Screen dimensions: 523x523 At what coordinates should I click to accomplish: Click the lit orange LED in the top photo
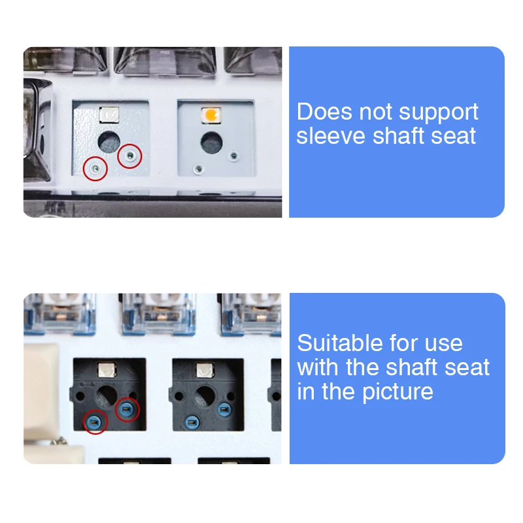pos(211,115)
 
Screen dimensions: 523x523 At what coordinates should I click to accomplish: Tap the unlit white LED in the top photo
pos(109,115)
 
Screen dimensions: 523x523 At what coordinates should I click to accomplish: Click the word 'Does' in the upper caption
pos(324,111)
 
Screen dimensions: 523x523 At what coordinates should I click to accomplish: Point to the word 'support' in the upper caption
pos(439,112)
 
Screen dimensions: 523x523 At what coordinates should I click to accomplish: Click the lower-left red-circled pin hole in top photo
pos(95,169)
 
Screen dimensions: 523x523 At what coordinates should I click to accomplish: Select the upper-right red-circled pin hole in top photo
pos(129,155)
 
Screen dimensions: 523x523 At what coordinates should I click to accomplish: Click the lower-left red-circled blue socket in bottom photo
pos(95,422)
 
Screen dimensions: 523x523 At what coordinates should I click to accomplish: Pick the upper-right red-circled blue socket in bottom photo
pos(127,409)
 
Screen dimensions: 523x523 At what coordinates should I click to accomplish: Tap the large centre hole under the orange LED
pos(211,142)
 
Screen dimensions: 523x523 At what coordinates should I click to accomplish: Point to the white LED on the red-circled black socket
pos(107,369)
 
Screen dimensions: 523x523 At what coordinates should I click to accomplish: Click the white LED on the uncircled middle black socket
pos(205,370)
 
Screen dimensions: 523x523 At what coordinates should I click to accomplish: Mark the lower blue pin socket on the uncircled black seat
pos(192,423)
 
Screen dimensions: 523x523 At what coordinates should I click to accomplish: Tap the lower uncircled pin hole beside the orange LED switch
pos(199,169)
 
